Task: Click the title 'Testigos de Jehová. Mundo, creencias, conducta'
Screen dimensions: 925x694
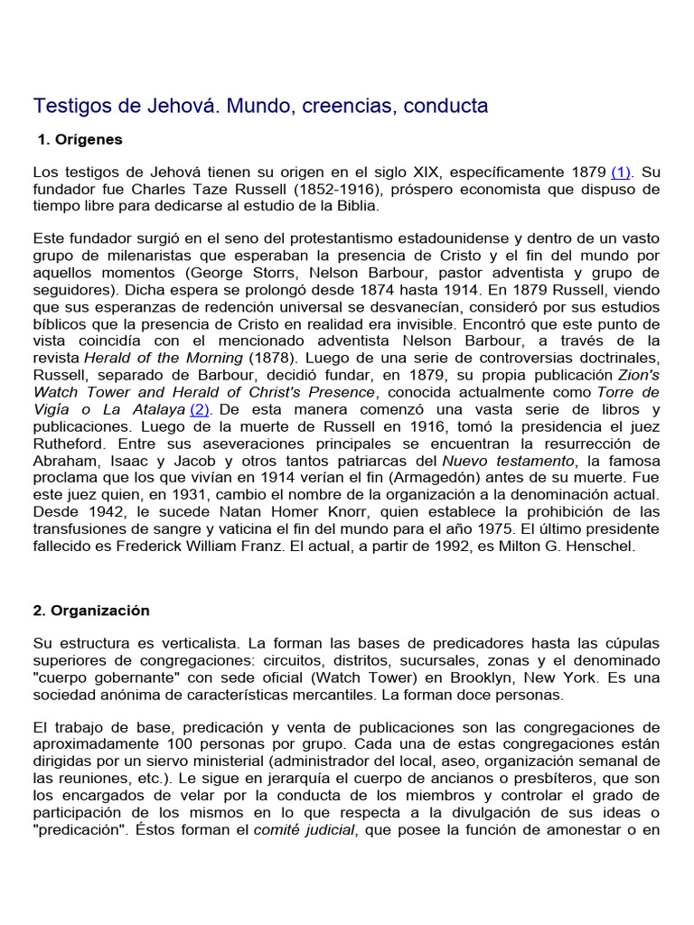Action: pyautogui.click(x=260, y=106)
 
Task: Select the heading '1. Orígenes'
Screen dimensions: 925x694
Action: pyautogui.click(x=80, y=140)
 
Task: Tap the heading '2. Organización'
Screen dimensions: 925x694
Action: pyautogui.click(x=91, y=610)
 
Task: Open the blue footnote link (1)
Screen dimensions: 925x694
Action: pyautogui.click(x=622, y=172)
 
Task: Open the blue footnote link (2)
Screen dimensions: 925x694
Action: pyautogui.click(x=200, y=409)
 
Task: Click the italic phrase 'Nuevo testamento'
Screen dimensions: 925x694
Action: pyautogui.click(x=502, y=461)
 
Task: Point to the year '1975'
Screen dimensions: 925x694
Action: pyautogui.click(x=480, y=529)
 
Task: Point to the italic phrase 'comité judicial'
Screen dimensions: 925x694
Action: pyautogui.click(x=304, y=830)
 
